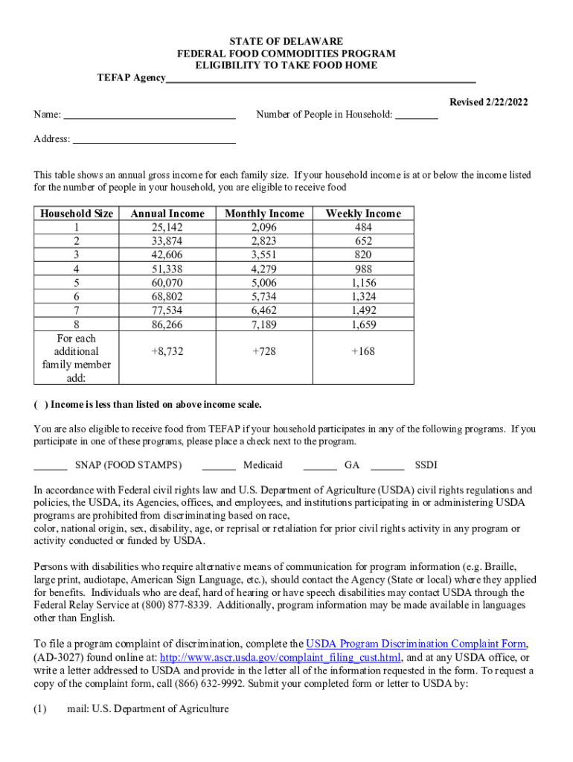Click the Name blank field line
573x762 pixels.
coord(150,117)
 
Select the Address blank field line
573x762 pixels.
coord(154,141)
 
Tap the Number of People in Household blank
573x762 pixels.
coord(416,117)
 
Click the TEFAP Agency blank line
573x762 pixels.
coord(321,80)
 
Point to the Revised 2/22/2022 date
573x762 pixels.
coord(488,102)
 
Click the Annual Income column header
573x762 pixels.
coord(167,214)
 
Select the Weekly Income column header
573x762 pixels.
coord(363,214)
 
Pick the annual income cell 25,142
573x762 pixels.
coord(167,227)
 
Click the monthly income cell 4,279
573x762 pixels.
coord(264,269)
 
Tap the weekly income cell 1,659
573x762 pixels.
coord(363,324)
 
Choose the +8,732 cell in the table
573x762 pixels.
coord(167,351)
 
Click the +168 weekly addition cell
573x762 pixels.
coord(363,351)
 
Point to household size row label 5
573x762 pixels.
coord(76,283)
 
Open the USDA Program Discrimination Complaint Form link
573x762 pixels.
coord(417,644)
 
